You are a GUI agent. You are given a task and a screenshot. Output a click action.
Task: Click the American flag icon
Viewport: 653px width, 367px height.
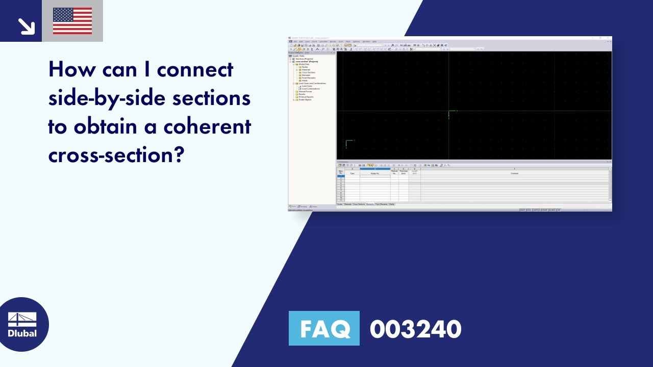tap(72, 21)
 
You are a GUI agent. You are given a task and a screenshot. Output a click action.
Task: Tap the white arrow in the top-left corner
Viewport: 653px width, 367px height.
tap(26, 25)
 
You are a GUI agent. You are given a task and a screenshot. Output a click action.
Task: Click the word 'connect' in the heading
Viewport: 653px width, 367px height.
tap(195, 69)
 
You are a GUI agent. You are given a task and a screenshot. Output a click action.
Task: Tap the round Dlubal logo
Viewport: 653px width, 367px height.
tap(22, 324)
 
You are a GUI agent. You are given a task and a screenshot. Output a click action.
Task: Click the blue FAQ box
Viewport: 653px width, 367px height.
tap(324, 328)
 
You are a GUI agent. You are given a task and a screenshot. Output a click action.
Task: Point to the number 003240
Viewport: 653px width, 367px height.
tap(415, 329)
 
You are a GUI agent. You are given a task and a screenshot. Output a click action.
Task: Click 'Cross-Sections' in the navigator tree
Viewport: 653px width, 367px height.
tap(308, 72)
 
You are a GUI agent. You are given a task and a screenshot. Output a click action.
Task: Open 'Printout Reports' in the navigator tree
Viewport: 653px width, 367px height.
tap(306, 97)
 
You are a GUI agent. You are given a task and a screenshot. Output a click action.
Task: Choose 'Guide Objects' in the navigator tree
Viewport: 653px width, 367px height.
tap(305, 99)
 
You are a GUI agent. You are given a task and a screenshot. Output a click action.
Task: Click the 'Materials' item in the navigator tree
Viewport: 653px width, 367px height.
tap(306, 70)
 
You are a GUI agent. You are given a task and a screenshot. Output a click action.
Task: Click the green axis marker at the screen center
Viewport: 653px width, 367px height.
tap(449, 112)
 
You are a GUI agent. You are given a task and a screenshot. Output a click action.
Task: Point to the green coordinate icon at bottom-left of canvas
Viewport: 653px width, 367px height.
tap(347, 143)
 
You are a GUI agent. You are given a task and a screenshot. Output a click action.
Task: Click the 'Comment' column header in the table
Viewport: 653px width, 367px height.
tap(514, 173)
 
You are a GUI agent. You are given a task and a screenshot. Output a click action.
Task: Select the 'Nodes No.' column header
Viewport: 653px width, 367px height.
tap(375, 173)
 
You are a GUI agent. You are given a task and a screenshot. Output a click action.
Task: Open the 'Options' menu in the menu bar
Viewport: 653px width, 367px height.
tap(356, 41)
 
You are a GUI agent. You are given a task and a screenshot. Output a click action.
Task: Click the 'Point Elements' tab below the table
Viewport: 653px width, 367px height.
tap(381, 204)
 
